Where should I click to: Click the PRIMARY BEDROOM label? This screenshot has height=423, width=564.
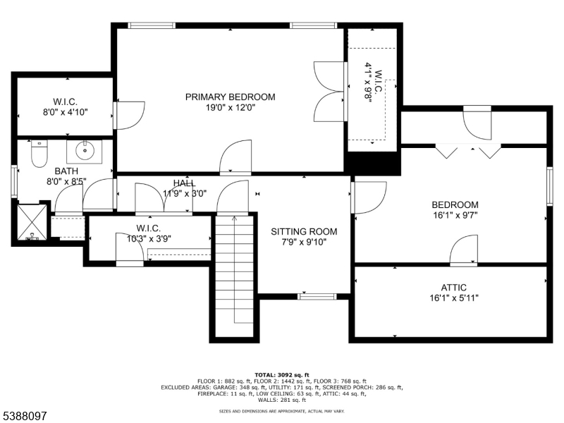click(x=230, y=97)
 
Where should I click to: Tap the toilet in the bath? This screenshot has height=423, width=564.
click(x=39, y=151)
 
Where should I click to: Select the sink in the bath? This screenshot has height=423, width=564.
click(x=85, y=149)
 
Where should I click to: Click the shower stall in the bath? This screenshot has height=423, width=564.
click(x=32, y=223)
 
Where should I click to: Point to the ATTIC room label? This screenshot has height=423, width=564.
click(x=454, y=288)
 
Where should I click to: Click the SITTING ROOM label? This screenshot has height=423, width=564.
click(x=304, y=231)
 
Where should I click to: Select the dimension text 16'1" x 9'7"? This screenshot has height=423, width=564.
click(x=455, y=216)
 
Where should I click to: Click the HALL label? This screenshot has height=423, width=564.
click(x=185, y=184)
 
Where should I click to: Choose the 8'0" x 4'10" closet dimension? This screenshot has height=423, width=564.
click(x=65, y=111)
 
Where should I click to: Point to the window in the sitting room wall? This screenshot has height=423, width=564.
click(x=314, y=297)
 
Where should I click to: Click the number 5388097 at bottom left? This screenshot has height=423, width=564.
click(x=24, y=417)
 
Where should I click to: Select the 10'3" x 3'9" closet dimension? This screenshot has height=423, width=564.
click(x=149, y=238)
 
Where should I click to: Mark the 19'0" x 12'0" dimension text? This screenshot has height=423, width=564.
click(x=230, y=108)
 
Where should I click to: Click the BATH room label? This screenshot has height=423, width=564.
click(x=66, y=171)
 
